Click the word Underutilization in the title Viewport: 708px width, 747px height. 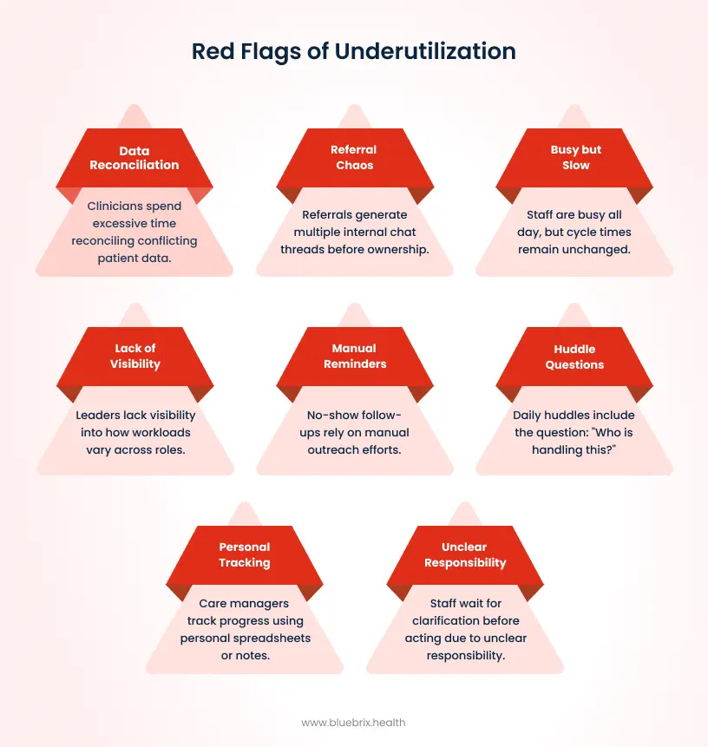coord(425,51)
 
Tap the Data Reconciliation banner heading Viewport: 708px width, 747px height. coord(134,158)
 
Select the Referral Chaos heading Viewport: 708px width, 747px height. coord(354,157)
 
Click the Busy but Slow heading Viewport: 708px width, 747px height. coord(575,157)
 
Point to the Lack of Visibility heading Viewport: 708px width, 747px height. coord(134,356)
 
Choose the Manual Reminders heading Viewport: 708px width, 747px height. coord(354,356)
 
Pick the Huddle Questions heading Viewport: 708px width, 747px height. coord(574,357)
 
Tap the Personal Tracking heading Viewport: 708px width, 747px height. coord(244,554)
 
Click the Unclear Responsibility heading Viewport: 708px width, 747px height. coord(464,554)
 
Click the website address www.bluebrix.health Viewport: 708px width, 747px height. coord(353,722)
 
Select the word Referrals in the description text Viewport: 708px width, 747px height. coord(330,214)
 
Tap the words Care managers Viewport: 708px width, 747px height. coord(244,603)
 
